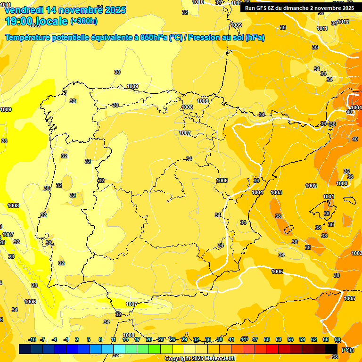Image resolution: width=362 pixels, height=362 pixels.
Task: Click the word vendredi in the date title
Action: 24,10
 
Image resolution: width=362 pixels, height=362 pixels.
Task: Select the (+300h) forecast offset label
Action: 84,21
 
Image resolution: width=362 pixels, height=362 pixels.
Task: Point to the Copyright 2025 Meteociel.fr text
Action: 200,358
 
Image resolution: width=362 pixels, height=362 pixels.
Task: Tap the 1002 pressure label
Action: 311,186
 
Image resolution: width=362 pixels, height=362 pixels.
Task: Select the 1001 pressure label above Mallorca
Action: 329,197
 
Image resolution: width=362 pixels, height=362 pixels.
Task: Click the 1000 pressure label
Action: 342,183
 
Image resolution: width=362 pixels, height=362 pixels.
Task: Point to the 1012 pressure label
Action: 343,22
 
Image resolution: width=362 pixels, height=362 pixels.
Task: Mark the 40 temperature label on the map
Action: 348,112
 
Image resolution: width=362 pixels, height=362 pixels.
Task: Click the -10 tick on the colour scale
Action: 32,339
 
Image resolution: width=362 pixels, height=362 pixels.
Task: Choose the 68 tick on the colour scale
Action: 337,339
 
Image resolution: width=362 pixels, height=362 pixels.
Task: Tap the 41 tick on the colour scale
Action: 231,339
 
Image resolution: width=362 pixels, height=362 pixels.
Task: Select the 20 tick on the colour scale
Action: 149,339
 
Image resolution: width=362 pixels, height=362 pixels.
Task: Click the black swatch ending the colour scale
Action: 331,349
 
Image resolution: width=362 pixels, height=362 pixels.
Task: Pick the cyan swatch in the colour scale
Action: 119,349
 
